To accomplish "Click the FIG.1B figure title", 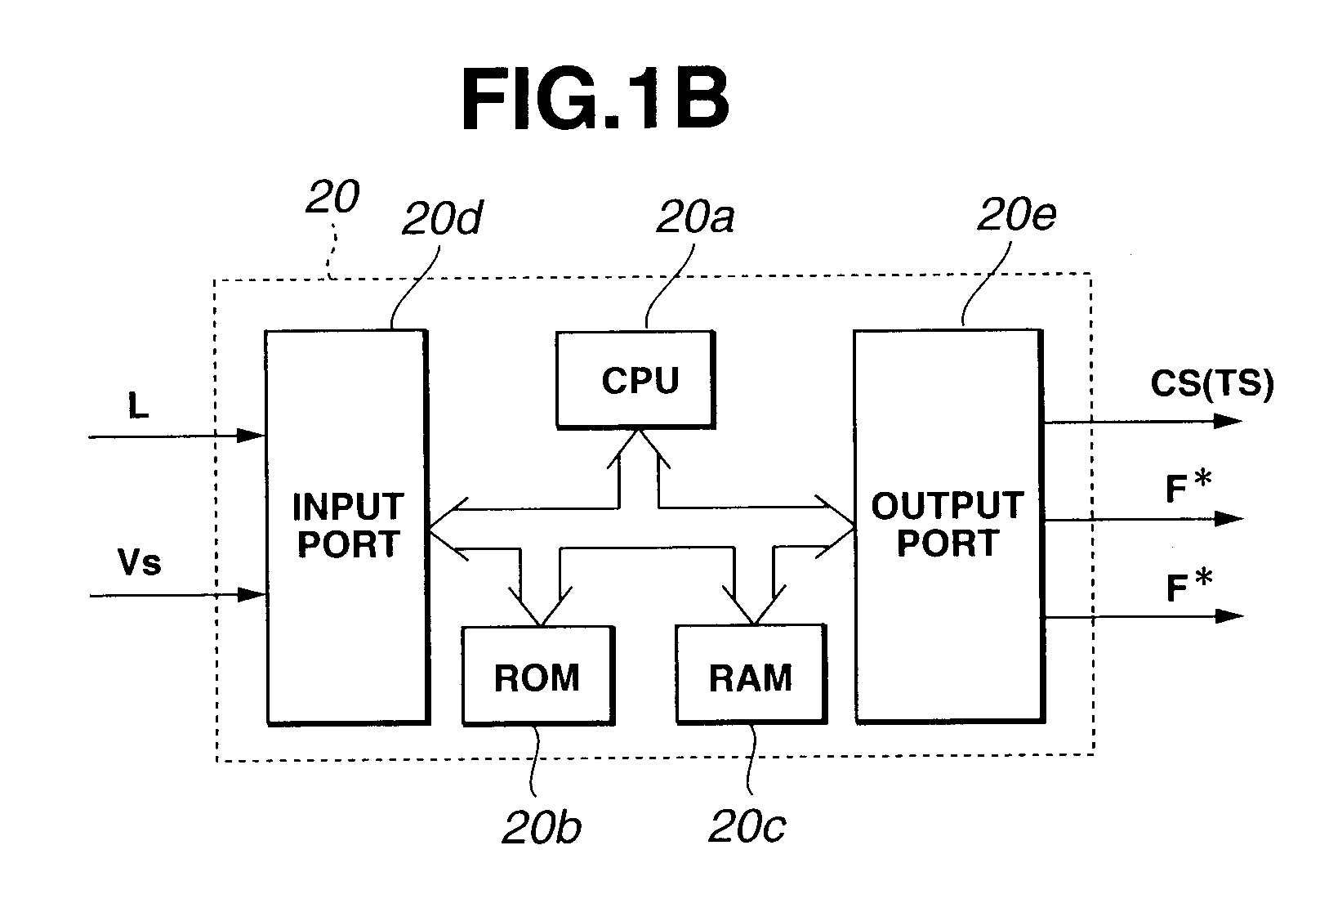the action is [595, 98].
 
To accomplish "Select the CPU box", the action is [635, 380].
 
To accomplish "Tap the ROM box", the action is [538, 676].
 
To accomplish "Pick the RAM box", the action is [751, 674].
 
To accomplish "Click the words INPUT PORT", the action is [348, 526].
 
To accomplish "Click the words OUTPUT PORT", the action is [948, 524].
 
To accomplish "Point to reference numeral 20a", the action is [695, 217].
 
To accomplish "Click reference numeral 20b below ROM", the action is [542, 827].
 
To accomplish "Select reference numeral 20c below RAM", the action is [747, 826].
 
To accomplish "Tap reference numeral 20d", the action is [442, 217].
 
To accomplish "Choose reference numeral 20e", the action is [1017, 214].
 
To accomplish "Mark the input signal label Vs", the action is [140, 562].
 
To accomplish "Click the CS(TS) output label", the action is [1212, 384].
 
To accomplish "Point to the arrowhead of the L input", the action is [251, 436].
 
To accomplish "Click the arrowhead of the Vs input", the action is [252, 595].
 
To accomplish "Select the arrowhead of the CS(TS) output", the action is [1228, 421].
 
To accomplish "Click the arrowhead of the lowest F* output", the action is [1229, 616].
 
